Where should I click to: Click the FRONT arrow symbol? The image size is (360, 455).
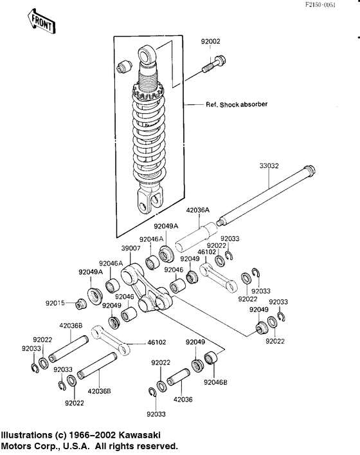coord(42,21)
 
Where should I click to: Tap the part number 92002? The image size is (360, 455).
coord(211,41)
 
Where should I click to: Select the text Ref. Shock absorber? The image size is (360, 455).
coord(237,104)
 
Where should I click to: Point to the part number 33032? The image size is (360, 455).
coord(269,165)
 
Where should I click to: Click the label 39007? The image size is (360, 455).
coord(130,248)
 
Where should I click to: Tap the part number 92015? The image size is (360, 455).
coord(55,303)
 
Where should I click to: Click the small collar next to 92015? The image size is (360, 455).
coord(81,304)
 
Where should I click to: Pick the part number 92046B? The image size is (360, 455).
coord(215,382)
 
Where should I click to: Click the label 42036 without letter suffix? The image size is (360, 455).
coord(183,400)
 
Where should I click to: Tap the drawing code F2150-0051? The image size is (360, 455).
coord(320,5)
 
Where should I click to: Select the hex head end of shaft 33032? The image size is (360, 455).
coord(309,170)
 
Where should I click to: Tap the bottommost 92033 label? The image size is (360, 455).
coord(156,414)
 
